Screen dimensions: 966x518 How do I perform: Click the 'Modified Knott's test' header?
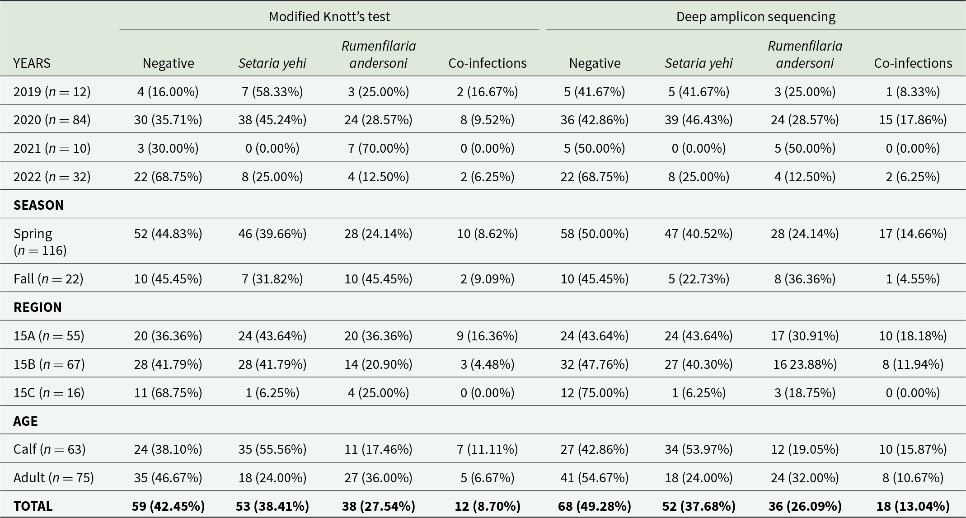click(x=329, y=17)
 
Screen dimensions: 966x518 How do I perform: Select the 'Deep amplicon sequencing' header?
click(x=756, y=17)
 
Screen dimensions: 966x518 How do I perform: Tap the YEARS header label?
click(x=32, y=63)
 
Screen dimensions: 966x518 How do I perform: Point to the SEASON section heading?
click(x=39, y=205)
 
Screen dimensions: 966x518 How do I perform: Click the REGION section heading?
click(x=38, y=307)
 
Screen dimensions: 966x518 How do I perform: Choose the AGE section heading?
click(x=25, y=421)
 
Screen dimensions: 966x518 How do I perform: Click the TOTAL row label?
click(x=33, y=506)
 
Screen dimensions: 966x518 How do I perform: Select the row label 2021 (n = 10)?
click(x=52, y=148)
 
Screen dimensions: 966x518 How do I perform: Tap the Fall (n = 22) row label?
click(x=48, y=278)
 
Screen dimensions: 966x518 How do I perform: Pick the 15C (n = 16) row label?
click(x=49, y=392)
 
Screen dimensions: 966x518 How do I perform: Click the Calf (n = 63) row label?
click(x=49, y=449)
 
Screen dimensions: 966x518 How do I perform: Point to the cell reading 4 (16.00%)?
click(x=168, y=91)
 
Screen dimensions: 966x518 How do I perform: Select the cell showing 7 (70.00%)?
click(x=379, y=148)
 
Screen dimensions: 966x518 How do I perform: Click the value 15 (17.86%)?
click(x=913, y=120)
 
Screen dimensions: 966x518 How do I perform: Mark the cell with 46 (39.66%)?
click(x=272, y=233)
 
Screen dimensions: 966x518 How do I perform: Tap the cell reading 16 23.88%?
click(x=805, y=364)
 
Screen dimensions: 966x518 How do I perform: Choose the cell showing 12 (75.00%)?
click(x=595, y=392)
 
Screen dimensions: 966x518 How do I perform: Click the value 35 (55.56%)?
click(x=272, y=449)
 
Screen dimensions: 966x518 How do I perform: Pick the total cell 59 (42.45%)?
click(x=168, y=506)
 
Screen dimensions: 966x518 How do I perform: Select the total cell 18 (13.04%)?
click(x=913, y=506)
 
